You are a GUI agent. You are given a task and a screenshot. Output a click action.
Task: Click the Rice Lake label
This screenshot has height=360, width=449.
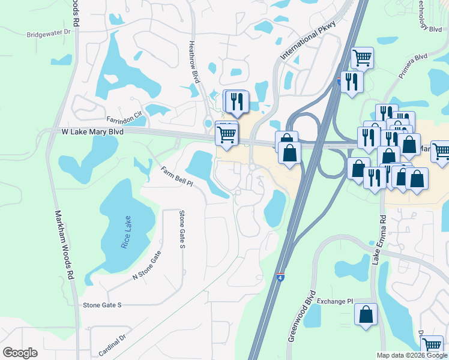126,232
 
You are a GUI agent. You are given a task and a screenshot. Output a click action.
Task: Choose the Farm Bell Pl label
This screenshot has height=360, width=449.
176,176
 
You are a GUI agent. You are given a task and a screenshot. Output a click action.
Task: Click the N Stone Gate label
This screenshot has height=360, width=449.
146,265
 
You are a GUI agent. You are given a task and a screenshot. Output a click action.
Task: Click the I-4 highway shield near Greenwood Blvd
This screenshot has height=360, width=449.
280,278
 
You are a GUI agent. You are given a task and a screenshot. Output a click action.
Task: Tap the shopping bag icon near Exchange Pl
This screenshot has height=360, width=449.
366,314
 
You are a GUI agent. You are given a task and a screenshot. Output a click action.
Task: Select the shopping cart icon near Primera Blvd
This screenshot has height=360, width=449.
362,58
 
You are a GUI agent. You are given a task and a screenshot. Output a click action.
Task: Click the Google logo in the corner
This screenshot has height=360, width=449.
20,352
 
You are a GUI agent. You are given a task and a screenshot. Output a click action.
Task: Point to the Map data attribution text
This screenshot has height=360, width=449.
412,355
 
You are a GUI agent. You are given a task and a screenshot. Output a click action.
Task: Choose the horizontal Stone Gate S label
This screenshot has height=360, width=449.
102,305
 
